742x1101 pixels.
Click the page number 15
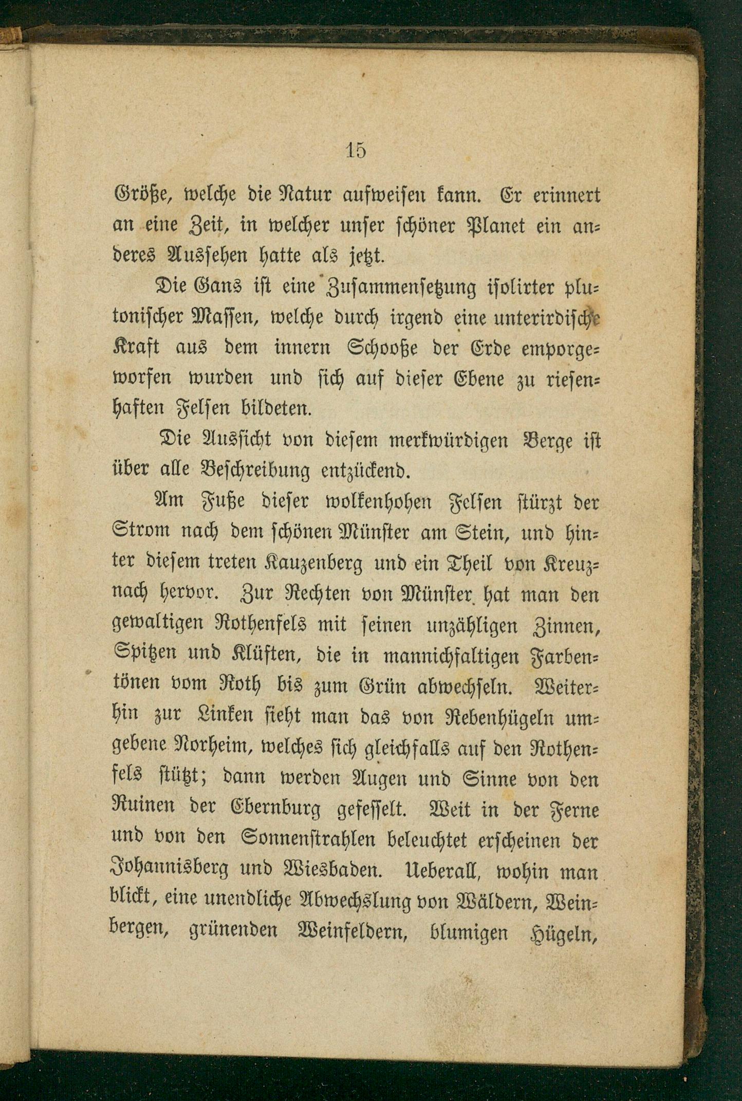point(356,150)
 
